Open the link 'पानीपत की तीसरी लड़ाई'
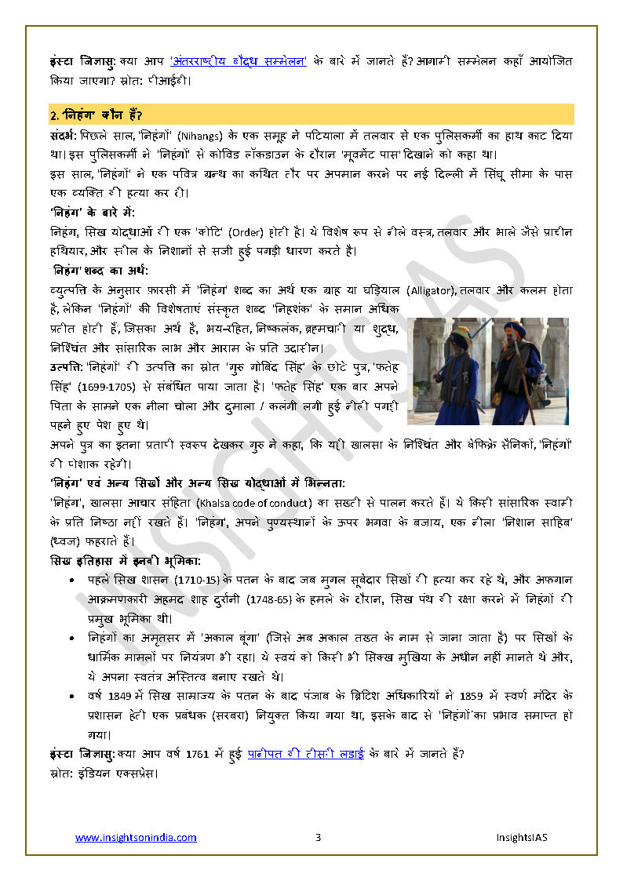[306, 755]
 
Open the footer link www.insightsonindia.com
[136, 838]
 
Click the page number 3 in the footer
[319, 838]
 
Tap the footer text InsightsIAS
[522, 838]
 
